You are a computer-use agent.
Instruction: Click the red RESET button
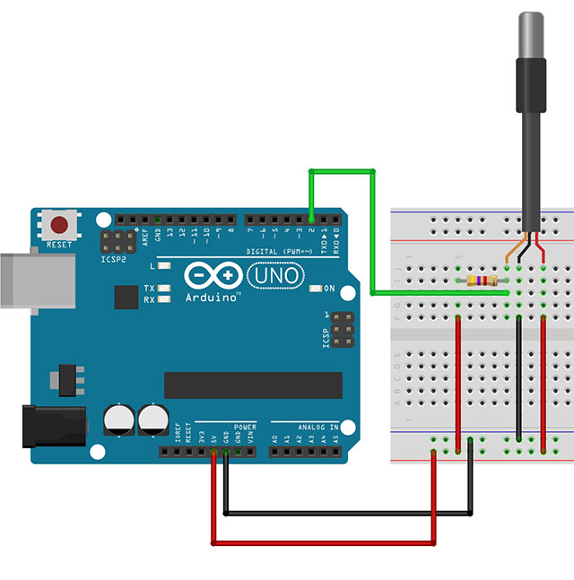tap(60, 225)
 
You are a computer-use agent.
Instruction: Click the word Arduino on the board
tap(211, 295)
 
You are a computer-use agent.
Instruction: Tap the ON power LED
tap(315, 289)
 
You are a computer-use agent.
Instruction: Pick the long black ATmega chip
tap(252, 385)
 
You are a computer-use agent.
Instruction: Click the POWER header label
tap(245, 428)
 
